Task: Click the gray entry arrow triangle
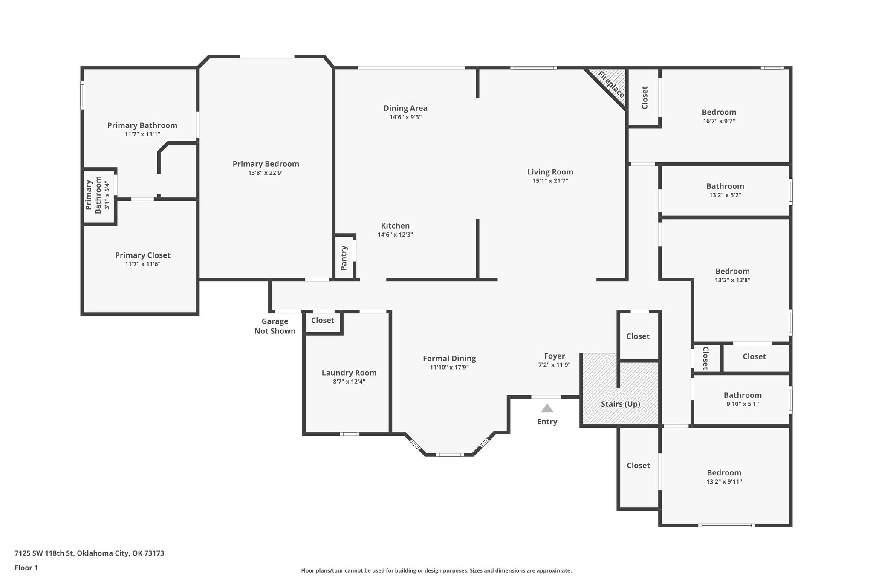point(547,408)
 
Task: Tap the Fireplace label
point(611,85)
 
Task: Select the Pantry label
point(344,258)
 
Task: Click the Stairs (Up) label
point(621,404)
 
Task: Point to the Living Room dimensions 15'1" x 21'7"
point(550,181)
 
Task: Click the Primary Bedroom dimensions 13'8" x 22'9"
point(266,173)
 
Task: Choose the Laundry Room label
point(349,373)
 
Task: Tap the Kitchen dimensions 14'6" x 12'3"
point(395,235)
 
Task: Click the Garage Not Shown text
point(275,326)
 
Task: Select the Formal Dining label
point(449,359)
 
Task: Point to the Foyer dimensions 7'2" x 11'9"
point(554,365)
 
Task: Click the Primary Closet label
point(143,255)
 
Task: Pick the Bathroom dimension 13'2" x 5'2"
point(725,195)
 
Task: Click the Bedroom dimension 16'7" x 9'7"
point(719,121)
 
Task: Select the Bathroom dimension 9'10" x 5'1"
point(743,404)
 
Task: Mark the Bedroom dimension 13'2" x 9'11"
point(724,482)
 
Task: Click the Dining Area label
point(405,108)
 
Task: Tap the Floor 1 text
point(26,568)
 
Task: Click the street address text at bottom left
point(90,553)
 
